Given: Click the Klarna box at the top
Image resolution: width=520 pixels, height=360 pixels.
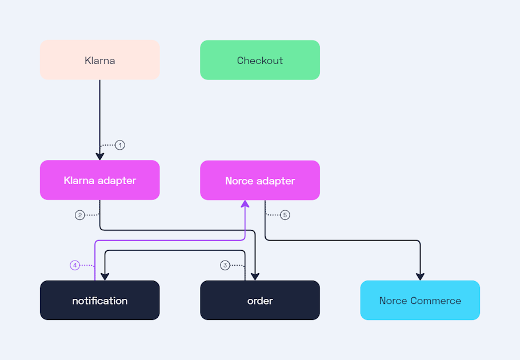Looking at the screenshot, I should pos(99,60).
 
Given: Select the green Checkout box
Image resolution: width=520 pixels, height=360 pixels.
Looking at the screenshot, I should pos(259,60).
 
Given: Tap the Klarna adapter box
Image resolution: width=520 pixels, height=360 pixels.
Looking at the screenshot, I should pos(99,180).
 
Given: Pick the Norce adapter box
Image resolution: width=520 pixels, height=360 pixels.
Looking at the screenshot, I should pos(259,180).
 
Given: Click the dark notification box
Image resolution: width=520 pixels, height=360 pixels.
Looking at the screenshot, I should pos(99,300).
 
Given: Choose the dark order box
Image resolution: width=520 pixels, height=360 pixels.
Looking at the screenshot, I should pos(259,300).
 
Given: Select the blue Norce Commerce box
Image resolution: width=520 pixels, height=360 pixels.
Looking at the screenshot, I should pos(419,300).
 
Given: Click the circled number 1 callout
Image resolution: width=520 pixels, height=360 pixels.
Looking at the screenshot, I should pos(120,145).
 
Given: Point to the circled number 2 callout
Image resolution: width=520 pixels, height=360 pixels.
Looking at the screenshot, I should pos(80,215).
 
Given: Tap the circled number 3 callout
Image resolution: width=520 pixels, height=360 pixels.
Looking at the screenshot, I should pos(225,265).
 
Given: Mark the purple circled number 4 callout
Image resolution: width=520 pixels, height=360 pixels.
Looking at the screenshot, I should pos(75,265).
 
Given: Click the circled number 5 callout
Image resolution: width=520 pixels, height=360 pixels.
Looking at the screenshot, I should pos(285,215).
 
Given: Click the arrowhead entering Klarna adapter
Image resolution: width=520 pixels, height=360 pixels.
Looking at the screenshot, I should pos(100,156).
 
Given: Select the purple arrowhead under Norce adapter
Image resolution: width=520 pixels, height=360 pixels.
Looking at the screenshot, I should pos(245,204).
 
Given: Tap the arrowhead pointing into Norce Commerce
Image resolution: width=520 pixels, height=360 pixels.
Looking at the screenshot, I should pos(420,277).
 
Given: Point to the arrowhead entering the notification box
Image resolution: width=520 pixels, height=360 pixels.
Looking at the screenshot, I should pos(105,277).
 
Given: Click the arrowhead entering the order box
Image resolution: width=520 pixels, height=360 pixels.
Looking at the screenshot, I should pos(255,277).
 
